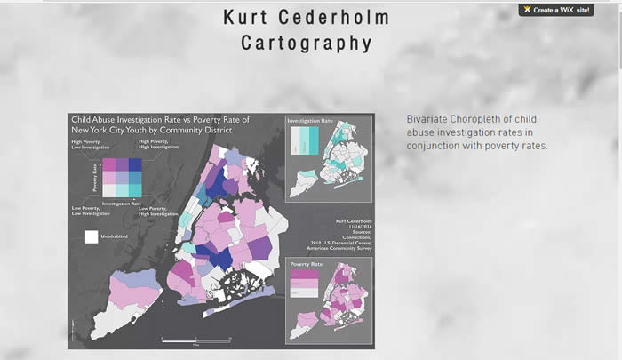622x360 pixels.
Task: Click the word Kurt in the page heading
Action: click(251, 18)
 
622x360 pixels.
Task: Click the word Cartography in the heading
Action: click(306, 43)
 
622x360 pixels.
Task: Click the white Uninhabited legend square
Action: click(91, 236)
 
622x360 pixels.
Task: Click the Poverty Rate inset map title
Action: click(306, 265)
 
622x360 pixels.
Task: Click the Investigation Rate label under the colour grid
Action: click(124, 204)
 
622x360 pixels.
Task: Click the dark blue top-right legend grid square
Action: click(135, 164)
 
